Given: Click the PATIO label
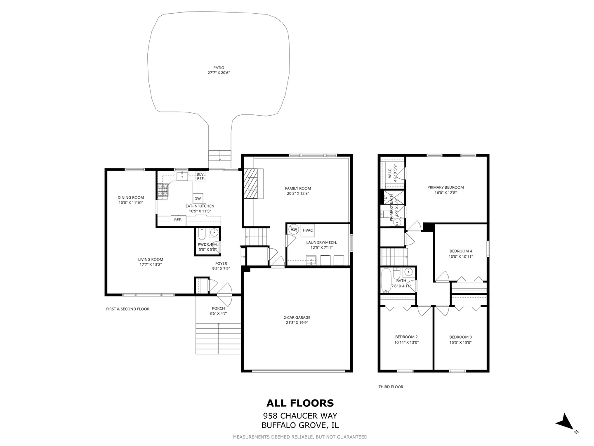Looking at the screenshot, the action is (218, 68).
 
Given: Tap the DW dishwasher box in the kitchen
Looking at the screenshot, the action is (198, 199).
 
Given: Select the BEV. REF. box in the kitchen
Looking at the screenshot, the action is (201, 176).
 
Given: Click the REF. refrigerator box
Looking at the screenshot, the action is (178, 220).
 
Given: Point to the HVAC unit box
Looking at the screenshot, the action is (307, 230).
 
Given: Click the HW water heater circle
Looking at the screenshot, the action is (294, 229).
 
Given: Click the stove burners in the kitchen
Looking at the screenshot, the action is (163, 190).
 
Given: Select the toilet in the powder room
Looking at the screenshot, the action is (202, 234).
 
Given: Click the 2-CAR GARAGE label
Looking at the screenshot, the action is (297, 318).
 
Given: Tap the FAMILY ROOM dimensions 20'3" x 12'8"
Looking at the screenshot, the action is (298, 194).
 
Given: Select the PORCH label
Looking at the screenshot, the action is (218, 308).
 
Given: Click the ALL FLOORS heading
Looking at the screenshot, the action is (300, 403).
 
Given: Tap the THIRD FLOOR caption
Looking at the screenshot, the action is (391, 387).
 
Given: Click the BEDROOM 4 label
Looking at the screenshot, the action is (461, 251).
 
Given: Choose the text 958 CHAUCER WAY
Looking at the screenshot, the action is (300, 416).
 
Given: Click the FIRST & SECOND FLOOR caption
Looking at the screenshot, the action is (128, 309).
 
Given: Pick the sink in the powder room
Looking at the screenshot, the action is (214, 233).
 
